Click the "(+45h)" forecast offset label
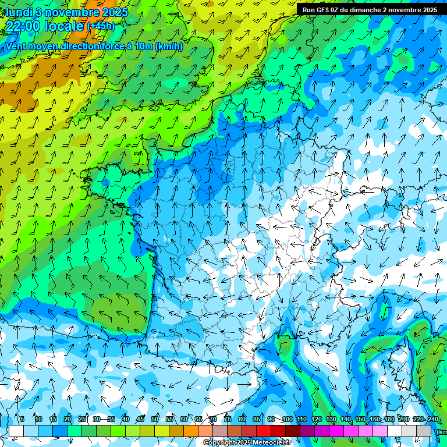click(x=101, y=26)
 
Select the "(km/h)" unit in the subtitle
click(x=169, y=47)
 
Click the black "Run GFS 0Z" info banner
click(x=370, y=10)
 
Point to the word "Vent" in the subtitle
click(x=17, y=47)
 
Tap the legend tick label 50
click(x=155, y=420)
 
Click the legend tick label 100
click(x=287, y=420)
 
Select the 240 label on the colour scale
click(x=433, y=420)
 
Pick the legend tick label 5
click(x=22, y=420)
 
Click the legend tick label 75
click(x=228, y=420)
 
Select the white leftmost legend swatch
click(x=16, y=431)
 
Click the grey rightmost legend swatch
click(x=424, y=431)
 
